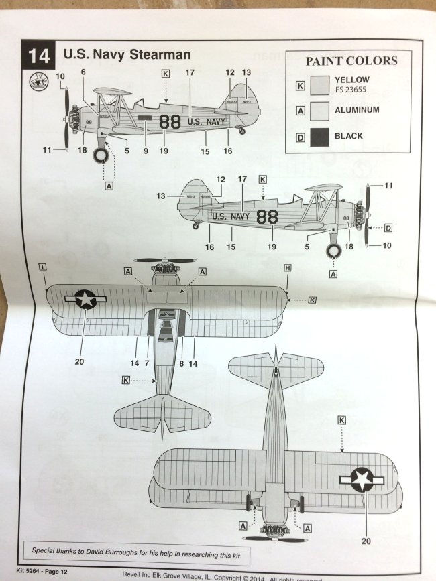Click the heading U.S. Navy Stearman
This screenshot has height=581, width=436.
pos(127,54)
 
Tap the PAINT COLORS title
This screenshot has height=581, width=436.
pos(351,61)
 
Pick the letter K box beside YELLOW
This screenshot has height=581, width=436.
pos(301,84)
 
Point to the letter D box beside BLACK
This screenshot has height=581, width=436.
pos(301,137)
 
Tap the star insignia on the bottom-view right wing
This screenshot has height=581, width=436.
pos(362,480)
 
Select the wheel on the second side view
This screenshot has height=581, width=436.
pos(334,252)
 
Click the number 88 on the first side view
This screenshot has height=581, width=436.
pos(170,121)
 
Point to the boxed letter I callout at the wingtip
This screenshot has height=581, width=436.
pos(42,267)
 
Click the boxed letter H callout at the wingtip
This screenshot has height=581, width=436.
pos(287,267)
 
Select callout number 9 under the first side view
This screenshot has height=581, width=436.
pos(146,151)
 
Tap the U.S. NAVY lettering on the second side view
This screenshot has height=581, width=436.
pos(230,216)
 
